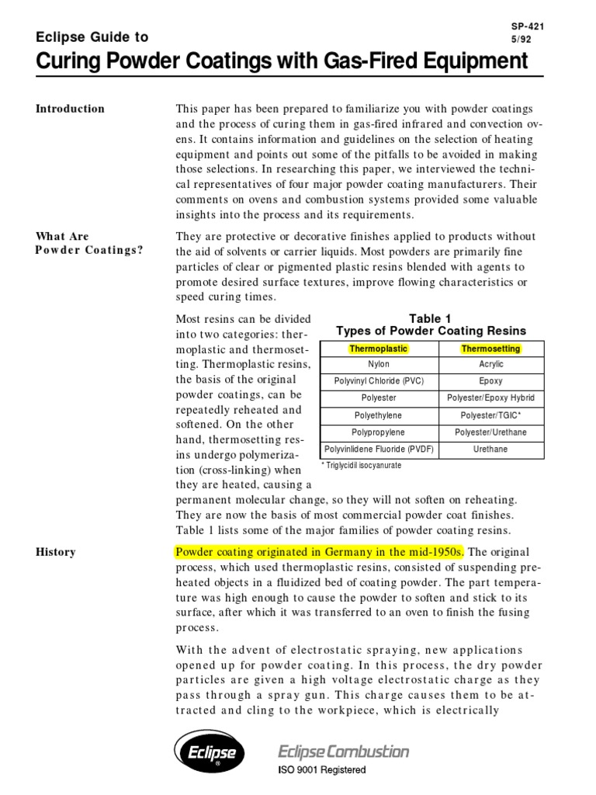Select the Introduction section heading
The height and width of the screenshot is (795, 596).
click(70, 109)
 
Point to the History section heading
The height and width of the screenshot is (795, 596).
click(56, 552)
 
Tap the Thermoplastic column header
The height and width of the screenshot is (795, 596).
click(379, 349)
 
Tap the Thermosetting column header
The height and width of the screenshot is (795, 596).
click(490, 349)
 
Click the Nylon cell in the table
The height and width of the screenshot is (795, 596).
click(379, 364)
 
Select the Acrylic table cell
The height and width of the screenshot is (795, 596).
click(490, 364)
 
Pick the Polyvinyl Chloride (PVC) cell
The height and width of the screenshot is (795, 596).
click(379, 381)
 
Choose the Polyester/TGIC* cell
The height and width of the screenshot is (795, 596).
click(490, 415)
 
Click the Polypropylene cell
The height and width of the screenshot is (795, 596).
click(379, 432)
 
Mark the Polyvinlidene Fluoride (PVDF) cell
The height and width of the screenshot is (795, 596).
click(379, 449)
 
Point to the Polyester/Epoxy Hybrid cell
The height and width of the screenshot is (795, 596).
click(490, 398)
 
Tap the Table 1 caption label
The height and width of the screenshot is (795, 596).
click(430, 319)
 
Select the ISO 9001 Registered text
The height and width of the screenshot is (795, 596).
click(322, 770)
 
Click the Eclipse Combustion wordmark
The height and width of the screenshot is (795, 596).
click(343, 751)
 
